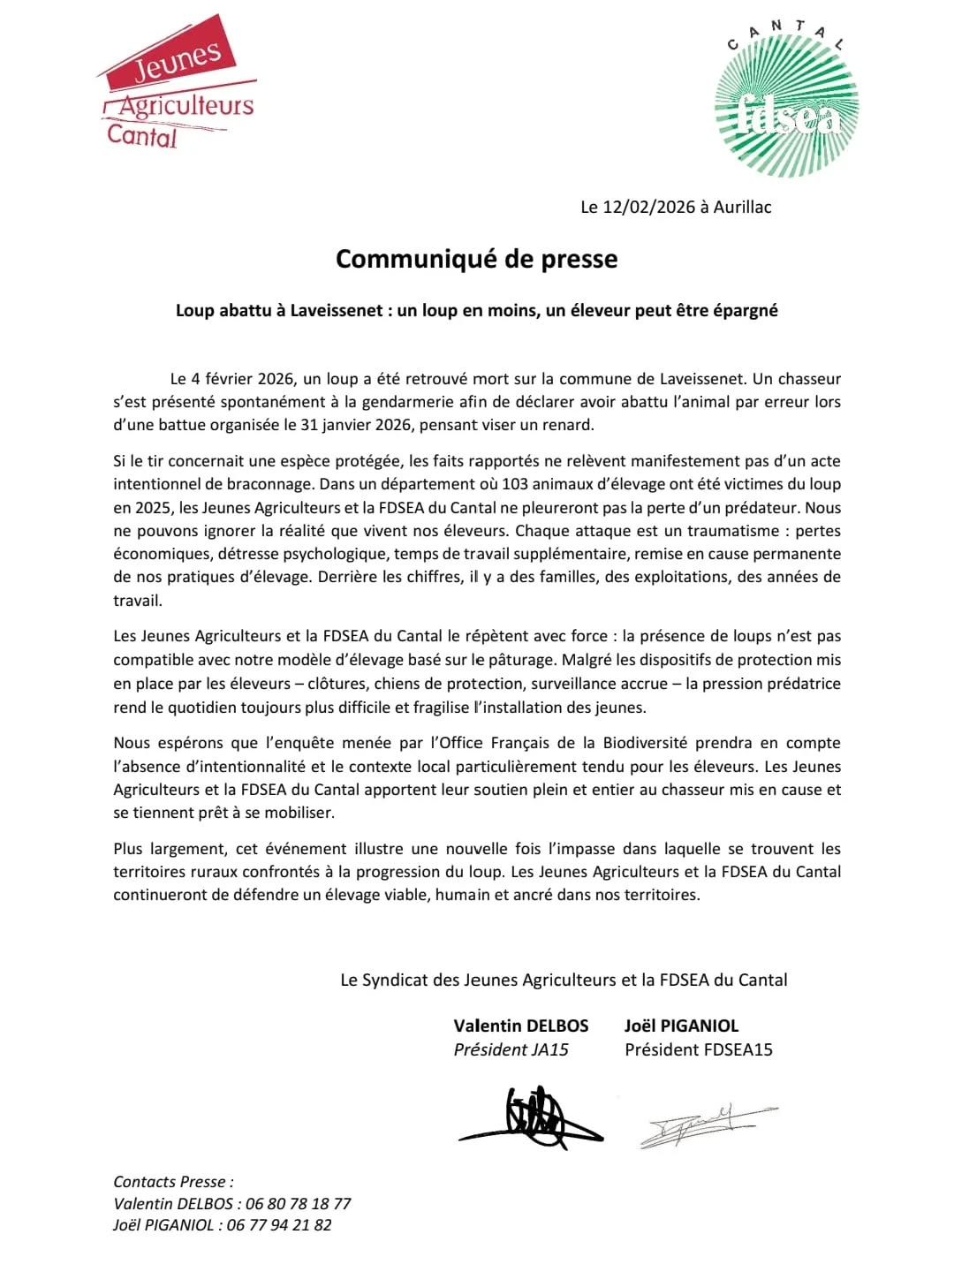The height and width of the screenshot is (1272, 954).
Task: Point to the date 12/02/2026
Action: pyautogui.click(x=649, y=208)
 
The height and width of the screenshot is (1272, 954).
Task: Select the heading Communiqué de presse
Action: pyautogui.click(x=476, y=259)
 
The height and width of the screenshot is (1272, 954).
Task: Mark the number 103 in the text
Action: pyautogui.click(x=517, y=484)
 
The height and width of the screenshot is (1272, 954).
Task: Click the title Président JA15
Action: pyautogui.click(x=511, y=1050)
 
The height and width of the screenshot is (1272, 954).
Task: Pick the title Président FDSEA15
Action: pyautogui.click(x=698, y=1050)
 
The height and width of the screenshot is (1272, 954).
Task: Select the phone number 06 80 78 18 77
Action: pyautogui.click(x=298, y=1204)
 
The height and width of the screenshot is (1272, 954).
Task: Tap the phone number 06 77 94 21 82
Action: pyautogui.click(x=279, y=1225)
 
